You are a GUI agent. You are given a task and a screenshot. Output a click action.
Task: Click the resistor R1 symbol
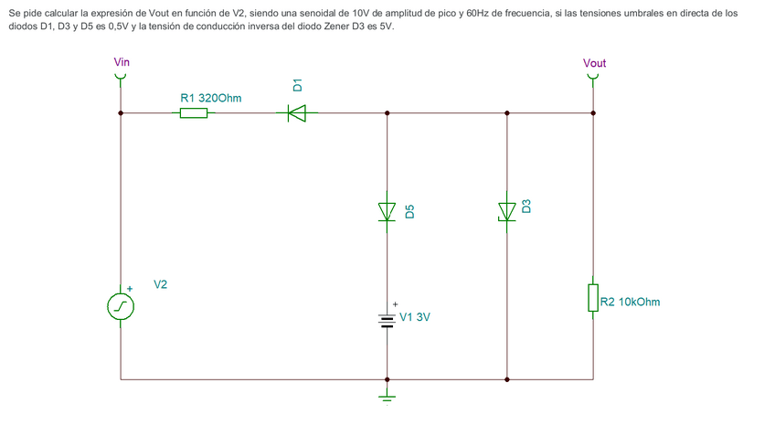click(x=193, y=113)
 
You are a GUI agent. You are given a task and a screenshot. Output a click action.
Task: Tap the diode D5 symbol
click(x=387, y=211)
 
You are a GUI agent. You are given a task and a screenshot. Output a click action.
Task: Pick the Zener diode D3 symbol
click(x=506, y=211)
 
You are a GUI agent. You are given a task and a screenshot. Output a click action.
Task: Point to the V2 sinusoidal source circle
click(x=121, y=306)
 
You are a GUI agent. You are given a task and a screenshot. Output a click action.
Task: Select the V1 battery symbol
click(x=387, y=319)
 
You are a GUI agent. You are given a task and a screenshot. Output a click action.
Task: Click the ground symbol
click(x=387, y=396)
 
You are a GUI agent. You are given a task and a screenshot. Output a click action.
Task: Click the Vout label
click(x=594, y=63)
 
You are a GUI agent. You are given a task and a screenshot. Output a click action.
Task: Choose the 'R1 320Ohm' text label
click(x=211, y=97)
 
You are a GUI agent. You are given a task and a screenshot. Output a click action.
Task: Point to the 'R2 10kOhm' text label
click(x=630, y=302)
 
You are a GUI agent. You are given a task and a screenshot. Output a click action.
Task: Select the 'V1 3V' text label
click(x=415, y=318)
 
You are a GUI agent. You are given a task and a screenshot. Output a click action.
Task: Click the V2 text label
click(x=160, y=285)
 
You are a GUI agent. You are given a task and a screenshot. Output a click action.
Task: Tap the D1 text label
click(x=297, y=85)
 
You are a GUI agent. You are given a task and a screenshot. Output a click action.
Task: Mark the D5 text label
click(x=409, y=211)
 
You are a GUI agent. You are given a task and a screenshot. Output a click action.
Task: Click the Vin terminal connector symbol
click(x=121, y=76)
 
